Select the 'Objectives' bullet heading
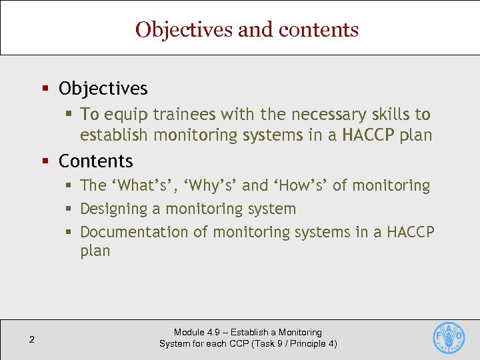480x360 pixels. [103, 88]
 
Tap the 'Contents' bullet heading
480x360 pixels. [96, 161]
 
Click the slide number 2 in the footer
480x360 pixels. [31, 341]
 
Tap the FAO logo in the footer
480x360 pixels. [449, 338]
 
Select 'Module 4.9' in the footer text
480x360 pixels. [198, 332]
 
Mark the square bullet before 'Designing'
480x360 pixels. [69, 209]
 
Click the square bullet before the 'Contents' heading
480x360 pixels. [46, 161]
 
